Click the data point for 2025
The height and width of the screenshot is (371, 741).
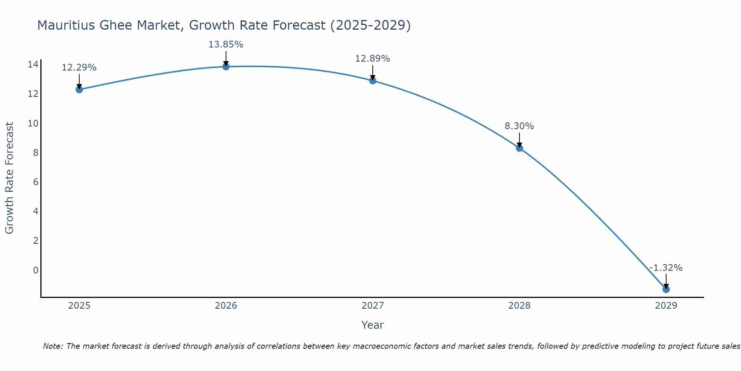pos(79,89)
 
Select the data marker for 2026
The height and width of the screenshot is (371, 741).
pos(226,67)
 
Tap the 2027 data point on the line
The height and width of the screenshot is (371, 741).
pos(373,81)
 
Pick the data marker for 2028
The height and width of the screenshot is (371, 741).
pos(519,148)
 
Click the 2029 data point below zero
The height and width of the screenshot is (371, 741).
pos(666,289)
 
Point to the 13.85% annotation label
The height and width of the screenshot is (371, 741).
pos(226,45)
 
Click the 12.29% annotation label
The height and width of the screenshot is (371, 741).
pos(79,68)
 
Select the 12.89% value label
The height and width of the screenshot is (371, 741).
pos(372,59)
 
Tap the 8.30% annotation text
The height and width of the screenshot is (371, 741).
pos(519,126)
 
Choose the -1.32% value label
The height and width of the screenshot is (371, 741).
pos(666,268)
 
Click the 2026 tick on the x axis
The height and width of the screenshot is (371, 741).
pos(226,306)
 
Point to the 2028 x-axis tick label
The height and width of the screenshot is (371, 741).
pos(519,306)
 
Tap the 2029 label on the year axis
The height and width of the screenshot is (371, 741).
pos(666,306)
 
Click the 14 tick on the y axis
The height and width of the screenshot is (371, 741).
pos(33,65)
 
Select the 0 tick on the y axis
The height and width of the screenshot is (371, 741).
pos(36,270)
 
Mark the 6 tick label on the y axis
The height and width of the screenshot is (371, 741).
pos(36,182)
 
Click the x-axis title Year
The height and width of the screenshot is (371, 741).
pos(372,325)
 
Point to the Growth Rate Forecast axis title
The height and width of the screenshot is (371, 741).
pos(10,178)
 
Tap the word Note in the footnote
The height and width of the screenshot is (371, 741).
pos(53,346)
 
